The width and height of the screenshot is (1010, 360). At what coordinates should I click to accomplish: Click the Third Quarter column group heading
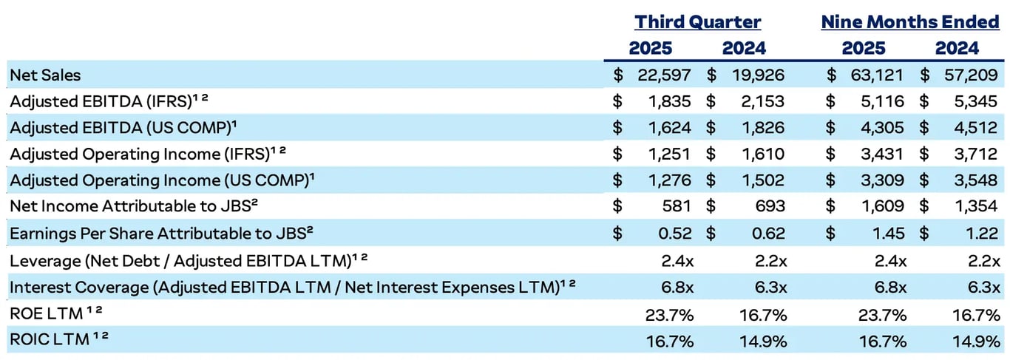697,22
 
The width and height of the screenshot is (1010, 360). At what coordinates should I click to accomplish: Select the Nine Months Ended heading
909,22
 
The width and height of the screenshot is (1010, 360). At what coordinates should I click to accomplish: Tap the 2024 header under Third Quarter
744,49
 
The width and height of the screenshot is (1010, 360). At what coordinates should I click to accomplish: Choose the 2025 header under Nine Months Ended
863,49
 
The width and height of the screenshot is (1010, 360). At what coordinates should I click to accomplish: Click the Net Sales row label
45,75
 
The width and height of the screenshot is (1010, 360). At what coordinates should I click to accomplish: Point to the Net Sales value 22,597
664,75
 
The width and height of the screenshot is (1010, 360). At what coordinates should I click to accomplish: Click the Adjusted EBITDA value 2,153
759,101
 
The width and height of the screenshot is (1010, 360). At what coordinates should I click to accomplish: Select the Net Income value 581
677,207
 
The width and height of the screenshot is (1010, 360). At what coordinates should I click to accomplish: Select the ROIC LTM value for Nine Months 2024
976,340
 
